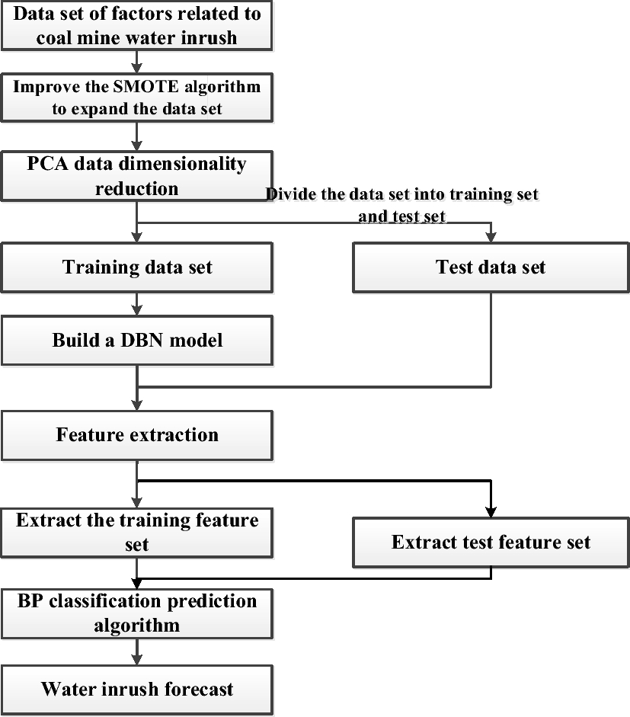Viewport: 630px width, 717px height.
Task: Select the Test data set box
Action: [491, 268]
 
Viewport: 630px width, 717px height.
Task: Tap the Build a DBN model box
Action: [137, 340]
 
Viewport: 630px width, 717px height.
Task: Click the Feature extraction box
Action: [137, 435]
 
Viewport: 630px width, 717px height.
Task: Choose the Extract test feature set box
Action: [491, 543]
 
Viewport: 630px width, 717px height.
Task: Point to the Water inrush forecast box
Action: [137, 690]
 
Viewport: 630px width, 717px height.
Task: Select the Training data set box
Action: [137, 268]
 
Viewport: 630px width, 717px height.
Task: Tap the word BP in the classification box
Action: [30, 601]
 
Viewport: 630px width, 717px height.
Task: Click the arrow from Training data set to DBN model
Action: [137, 305]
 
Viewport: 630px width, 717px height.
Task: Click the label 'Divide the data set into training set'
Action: [402, 194]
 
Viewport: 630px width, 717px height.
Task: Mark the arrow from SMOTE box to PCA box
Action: [137, 136]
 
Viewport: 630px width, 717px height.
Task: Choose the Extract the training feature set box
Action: [137, 532]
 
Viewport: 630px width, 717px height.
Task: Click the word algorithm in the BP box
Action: [137, 626]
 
